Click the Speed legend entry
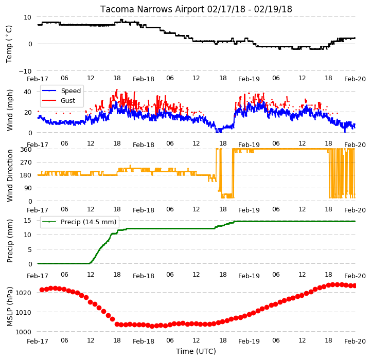71,91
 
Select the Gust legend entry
68,100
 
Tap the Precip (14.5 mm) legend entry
89,222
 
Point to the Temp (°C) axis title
9,44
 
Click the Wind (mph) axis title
9,110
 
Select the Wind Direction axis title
9,175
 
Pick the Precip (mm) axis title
9,241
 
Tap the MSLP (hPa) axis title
9,307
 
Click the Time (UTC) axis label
196,351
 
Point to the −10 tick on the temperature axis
25,71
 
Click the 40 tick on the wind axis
28,92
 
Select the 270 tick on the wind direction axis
26,163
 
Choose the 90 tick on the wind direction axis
28,189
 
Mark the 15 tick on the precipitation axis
28,221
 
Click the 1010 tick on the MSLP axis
24,313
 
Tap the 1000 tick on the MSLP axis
24,332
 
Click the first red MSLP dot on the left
42,290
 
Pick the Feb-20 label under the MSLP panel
355,341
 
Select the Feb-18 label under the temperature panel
144,79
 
